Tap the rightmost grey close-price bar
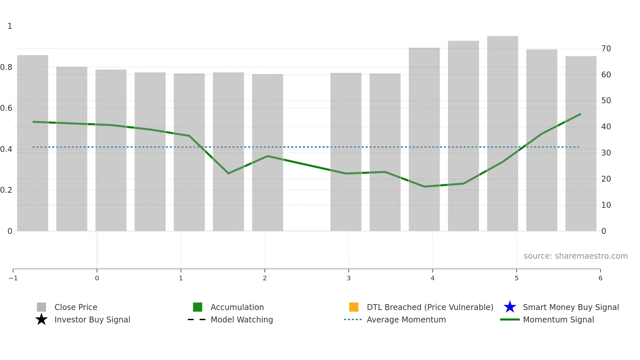click(581, 144)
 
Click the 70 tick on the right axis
click(606, 49)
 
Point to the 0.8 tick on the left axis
click(6, 67)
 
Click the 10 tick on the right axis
click(606, 205)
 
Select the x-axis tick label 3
click(349, 278)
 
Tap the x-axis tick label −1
click(13, 278)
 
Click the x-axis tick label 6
click(600, 278)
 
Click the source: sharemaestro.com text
click(575, 256)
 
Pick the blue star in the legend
click(510, 307)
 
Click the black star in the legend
click(41, 319)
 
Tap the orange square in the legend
click(354, 307)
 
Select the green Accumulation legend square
click(198, 307)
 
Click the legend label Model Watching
click(242, 320)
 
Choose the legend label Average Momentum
click(406, 320)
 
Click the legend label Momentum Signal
click(558, 320)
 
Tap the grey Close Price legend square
click(41, 307)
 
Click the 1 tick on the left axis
click(10, 26)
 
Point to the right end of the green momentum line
click(581, 114)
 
